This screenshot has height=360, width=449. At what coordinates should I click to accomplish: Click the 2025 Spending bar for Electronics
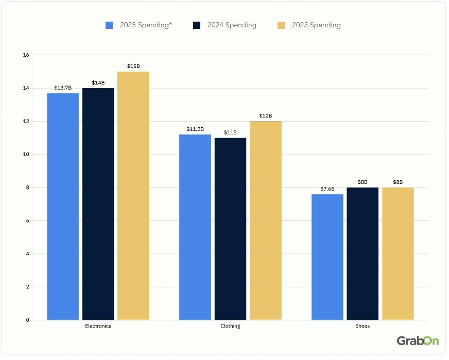point(63,206)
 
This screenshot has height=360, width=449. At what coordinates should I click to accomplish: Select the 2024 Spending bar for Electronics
point(98,203)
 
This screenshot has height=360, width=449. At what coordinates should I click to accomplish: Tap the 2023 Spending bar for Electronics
point(133,196)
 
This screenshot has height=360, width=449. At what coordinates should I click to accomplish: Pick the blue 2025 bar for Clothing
point(195,227)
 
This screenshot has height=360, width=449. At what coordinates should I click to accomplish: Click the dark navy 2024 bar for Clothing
point(230,229)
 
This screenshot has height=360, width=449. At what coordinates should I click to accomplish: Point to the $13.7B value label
point(63,88)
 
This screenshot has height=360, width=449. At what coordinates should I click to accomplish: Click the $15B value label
point(133,66)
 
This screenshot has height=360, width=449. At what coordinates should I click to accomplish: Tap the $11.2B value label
point(195,129)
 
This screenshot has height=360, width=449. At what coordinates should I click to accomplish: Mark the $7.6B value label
point(327,189)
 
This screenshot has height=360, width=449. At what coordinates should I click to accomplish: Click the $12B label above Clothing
point(266,116)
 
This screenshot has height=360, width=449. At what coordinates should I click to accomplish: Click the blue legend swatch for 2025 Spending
point(109,25)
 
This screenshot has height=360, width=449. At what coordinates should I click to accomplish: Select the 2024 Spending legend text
point(232,25)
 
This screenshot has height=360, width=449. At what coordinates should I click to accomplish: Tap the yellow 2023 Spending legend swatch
point(281,25)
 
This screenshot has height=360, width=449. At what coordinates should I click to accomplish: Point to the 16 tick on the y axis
point(26,55)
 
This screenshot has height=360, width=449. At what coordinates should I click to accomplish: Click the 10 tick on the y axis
point(26,155)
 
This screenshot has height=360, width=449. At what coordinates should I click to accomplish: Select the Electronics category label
point(98,326)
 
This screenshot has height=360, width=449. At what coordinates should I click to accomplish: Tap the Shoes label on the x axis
point(362,326)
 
